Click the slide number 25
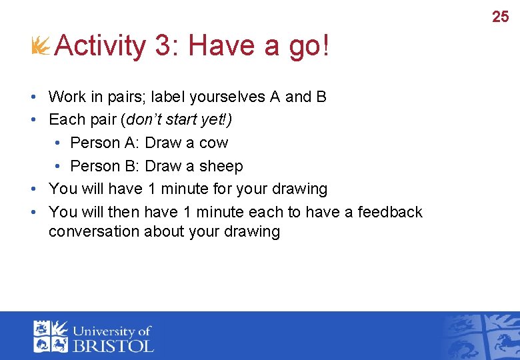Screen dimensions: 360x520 (500, 17)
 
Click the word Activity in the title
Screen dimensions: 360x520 (100, 46)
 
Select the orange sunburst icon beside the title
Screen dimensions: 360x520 (41, 46)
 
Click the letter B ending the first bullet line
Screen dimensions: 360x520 (321, 97)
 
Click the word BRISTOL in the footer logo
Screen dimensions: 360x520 (113, 345)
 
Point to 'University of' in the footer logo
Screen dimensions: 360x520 (112, 331)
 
